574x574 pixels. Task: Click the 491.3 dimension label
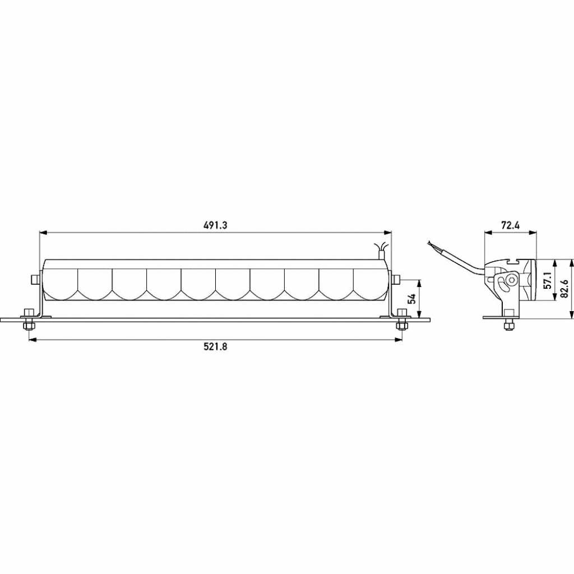215,225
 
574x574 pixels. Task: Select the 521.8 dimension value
215,346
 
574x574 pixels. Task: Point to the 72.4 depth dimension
510,225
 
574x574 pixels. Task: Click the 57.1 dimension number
547,280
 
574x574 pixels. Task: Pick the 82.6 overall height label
564,289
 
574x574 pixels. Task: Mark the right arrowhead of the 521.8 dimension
398,340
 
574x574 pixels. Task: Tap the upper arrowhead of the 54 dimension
419,284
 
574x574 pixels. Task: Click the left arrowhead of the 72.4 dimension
488,232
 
